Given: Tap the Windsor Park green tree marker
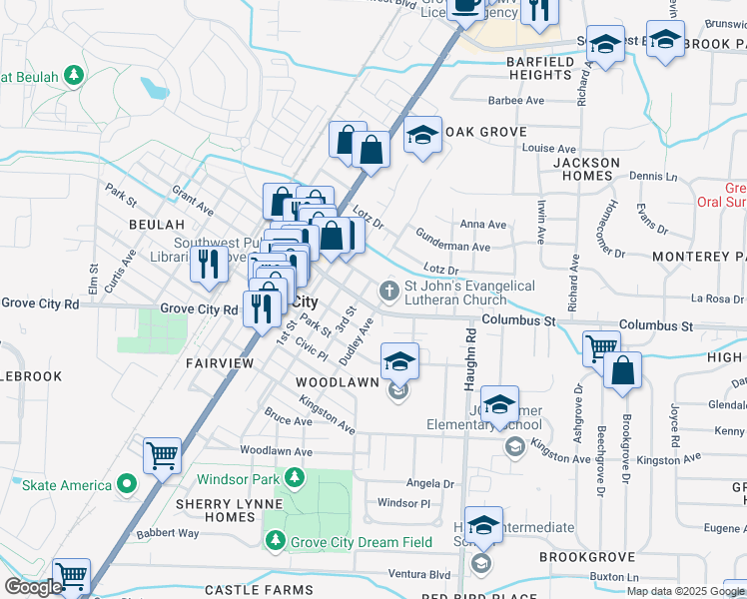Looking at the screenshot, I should [295, 479].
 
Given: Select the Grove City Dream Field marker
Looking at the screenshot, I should [276, 542].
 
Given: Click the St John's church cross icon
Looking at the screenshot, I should [388, 292].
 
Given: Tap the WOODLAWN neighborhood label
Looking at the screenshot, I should [337, 382].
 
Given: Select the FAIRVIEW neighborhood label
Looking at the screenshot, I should [220, 364].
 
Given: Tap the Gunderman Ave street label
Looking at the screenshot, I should [453, 247].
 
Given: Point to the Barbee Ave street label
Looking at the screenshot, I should [515, 101].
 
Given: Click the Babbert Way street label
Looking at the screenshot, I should [168, 534].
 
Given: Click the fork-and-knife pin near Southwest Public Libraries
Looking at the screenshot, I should [208, 264].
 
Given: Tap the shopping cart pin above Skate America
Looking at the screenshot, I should [162, 455].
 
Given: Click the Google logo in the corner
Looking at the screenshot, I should [33, 587].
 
